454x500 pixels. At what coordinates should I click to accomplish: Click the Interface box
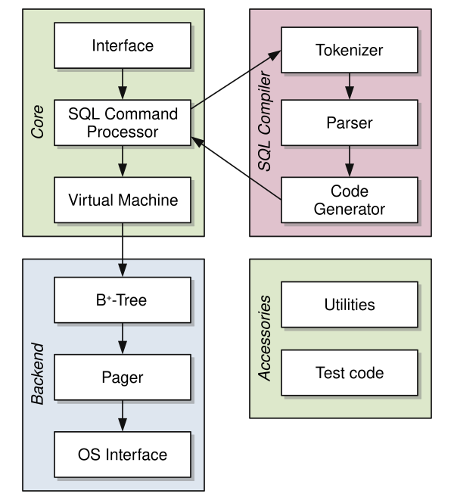pyautogui.click(x=122, y=45)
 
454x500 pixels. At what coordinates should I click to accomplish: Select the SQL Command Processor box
pyautogui.click(x=122, y=123)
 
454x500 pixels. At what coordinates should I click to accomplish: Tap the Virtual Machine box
pyautogui.click(x=122, y=200)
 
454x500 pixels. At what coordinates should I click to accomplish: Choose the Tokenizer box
pyautogui.click(x=348, y=51)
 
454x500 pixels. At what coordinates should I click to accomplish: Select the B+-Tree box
pyautogui.click(x=122, y=300)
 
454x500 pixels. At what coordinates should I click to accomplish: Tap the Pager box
pyautogui.click(x=122, y=377)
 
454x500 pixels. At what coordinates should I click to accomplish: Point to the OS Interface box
pyautogui.click(x=122, y=455)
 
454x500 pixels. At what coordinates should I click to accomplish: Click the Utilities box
pyautogui.click(x=348, y=305)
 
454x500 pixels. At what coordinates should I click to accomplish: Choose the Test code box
pyautogui.click(x=348, y=373)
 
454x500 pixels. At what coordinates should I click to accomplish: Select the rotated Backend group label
pyautogui.click(x=38, y=376)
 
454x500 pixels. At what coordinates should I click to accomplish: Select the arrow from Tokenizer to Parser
pyautogui.click(x=348, y=85)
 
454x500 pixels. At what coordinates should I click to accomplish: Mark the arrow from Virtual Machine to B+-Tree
pyautogui.click(x=122, y=250)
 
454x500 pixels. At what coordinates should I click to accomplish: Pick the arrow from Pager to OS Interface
pyautogui.click(x=122, y=416)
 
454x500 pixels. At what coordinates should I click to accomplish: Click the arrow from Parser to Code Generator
pyautogui.click(x=348, y=160)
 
